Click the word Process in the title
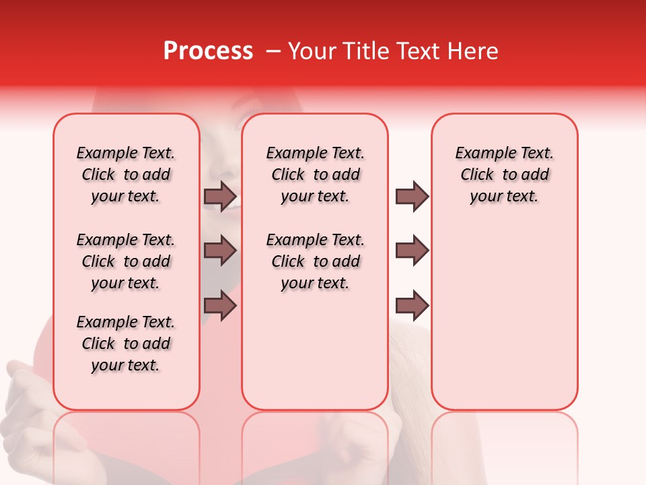(208, 51)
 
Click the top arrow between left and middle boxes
(220, 197)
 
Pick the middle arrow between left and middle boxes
(220, 251)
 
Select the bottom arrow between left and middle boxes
(220, 306)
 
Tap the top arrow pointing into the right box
(412, 197)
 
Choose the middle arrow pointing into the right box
(412, 251)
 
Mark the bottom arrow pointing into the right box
(412, 306)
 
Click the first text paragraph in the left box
(126, 174)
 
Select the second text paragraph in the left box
(126, 261)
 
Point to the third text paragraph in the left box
(126, 344)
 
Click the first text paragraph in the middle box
(315, 174)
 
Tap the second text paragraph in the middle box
(315, 261)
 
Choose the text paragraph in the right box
(504, 174)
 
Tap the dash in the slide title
(273, 51)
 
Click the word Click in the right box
(477, 175)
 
